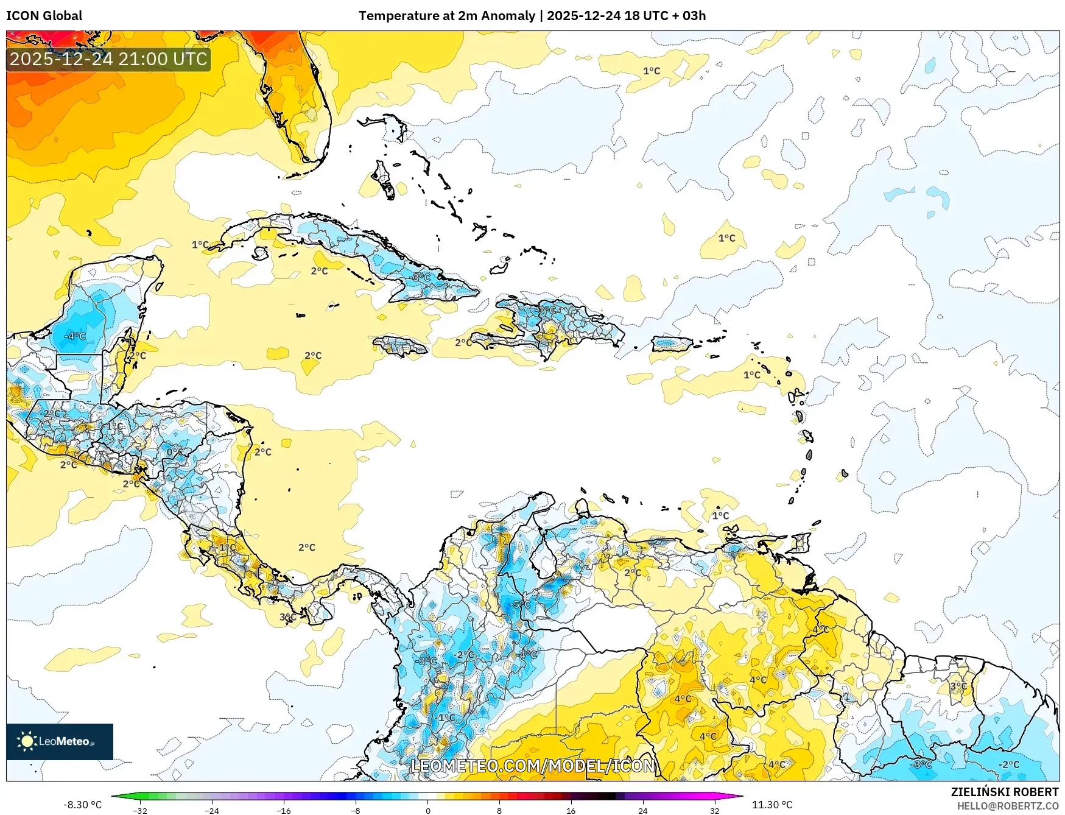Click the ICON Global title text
[x=44, y=16]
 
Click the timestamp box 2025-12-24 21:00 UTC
[x=108, y=59]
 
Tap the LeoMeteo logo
[x=59, y=741]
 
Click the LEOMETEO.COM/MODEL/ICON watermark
[x=533, y=766]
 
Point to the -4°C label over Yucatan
[x=76, y=336]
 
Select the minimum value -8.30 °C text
[x=82, y=805]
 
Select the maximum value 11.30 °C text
[x=772, y=805]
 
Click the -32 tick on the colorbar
[x=140, y=810]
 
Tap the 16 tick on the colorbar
[x=571, y=810]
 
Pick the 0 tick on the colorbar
[x=427, y=810]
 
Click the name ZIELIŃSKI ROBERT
[x=1004, y=792]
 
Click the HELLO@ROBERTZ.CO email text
[x=1007, y=806]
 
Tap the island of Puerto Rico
[x=672, y=344]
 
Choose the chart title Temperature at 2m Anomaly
[x=446, y=16]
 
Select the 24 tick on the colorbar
[x=642, y=810]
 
